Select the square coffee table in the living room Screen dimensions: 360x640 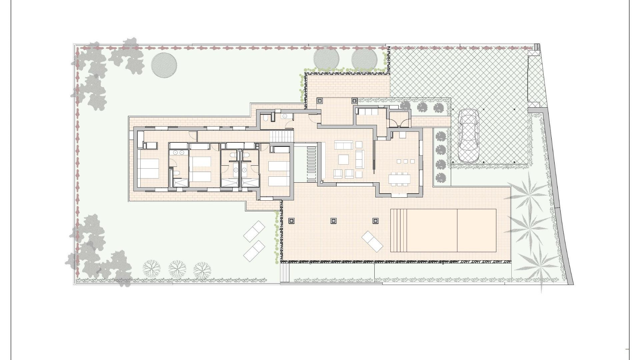pyautogui.click(x=344, y=159)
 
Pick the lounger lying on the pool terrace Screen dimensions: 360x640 pyautogui.click(x=372, y=241)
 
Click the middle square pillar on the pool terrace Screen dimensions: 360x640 pyautogui.click(x=334, y=221)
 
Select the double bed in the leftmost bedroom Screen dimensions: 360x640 pyautogui.click(x=149, y=169)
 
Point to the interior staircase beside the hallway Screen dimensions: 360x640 pyautogui.click(x=282, y=136)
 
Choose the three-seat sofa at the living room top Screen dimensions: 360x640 pyautogui.click(x=343, y=145)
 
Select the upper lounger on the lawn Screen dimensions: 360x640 pyautogui.click(x=254, y=231)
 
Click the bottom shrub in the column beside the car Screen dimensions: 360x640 pyautogui.click(x=441, y=177)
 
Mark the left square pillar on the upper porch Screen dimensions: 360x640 pyautogui.click(x=320, y=100)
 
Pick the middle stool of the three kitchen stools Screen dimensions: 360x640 pyautogui.click(x=405, y=162)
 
